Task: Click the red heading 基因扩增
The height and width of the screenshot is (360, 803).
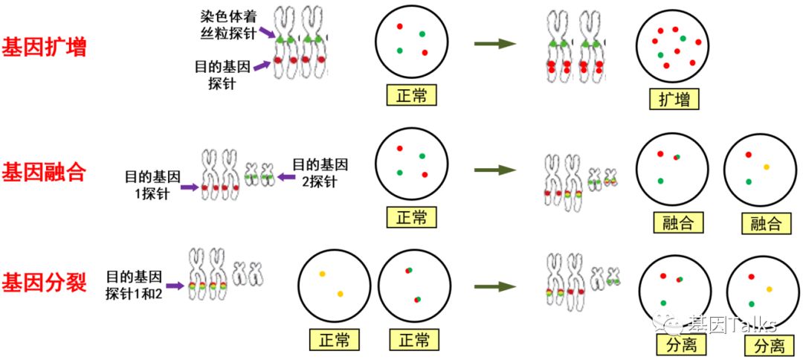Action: pyautogui.click(x=45, y=48)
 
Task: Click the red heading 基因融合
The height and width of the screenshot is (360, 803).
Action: pyautogui.click(x=45, y=173)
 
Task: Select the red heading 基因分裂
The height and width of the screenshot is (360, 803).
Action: pyautogui.click(x=45, y=283)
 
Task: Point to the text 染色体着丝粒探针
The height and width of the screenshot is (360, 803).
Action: pyautogui.click(x=226, y=23)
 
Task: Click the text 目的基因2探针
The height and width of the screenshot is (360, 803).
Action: pyautogui.click(x=320, y=172)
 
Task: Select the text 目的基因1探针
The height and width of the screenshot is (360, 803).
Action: pyautogui.click(x=152, y=184)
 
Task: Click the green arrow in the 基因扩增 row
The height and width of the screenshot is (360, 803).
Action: pyautogui.click(x=495, y=44)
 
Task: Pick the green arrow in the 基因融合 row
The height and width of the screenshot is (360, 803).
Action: pyautogui.click(x=495, y=170)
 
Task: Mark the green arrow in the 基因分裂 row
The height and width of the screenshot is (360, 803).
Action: pyautogui.click(x=495, y=286)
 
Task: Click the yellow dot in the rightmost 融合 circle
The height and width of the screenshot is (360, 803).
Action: pyautogui.click(x=767, y=167)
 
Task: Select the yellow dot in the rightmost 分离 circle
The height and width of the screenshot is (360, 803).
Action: pyautogui.click(x=769, y=289)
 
